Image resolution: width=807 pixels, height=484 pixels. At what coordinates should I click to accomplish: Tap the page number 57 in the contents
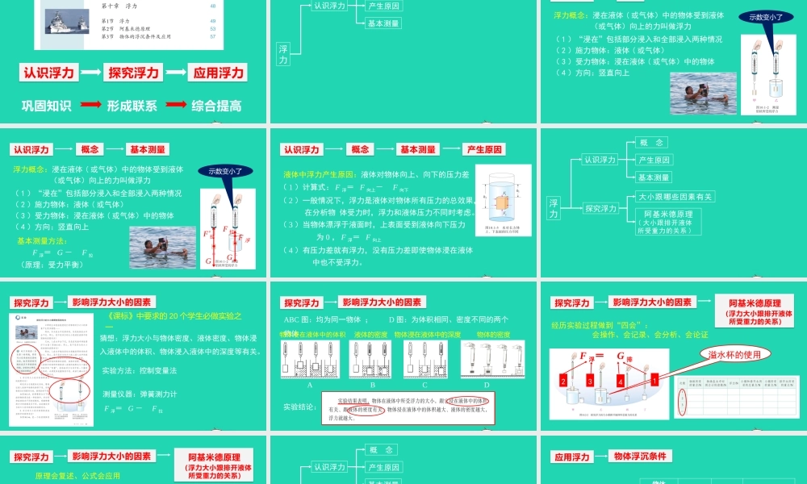tap(212, 36)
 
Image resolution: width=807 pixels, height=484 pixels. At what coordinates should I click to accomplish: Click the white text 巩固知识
tap(46, 105)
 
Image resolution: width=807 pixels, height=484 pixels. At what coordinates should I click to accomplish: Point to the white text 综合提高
tap(217, 105)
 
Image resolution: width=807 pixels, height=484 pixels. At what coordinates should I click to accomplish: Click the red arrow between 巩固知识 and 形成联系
tap(91, 105)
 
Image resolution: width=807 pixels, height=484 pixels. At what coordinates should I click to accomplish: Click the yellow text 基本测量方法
tap(41, 240)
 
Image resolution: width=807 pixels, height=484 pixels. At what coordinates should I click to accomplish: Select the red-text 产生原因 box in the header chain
tap(484, 149)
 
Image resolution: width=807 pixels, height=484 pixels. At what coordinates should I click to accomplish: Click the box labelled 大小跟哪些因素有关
tap(675, 196)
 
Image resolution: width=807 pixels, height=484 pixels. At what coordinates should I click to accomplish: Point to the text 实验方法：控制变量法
tap(140, 369)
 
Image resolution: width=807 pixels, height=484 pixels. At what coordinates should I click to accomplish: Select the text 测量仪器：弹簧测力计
tap(140, 394)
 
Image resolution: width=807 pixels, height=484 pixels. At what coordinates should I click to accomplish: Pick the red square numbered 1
tap(655, 377)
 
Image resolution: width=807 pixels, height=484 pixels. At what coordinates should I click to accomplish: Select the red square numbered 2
tap(565, 380)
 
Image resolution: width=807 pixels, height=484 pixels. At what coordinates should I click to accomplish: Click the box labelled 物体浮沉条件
tap(638, 456)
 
